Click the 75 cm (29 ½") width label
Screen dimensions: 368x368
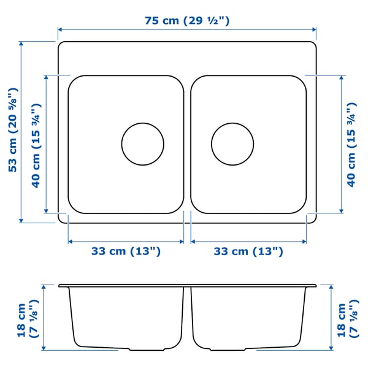click(x=187, y=20)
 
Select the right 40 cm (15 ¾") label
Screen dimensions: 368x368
click(x=351, y=145)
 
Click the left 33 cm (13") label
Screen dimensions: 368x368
click(x=126, y=251)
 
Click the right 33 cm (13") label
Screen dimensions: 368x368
click(x=248, y=251)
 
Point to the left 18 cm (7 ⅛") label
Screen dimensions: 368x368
click(x=28, y=318)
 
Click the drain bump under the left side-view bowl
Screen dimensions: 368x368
click(x=147, y=350)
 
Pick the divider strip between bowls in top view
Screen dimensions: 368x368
click(x=187, y=145)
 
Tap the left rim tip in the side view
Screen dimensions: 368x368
click(x=60, y=285)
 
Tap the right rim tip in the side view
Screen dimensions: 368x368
click(x=315, y=285)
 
